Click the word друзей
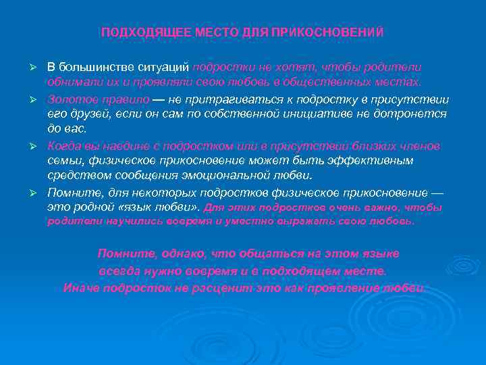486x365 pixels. click(x=84, y=114)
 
